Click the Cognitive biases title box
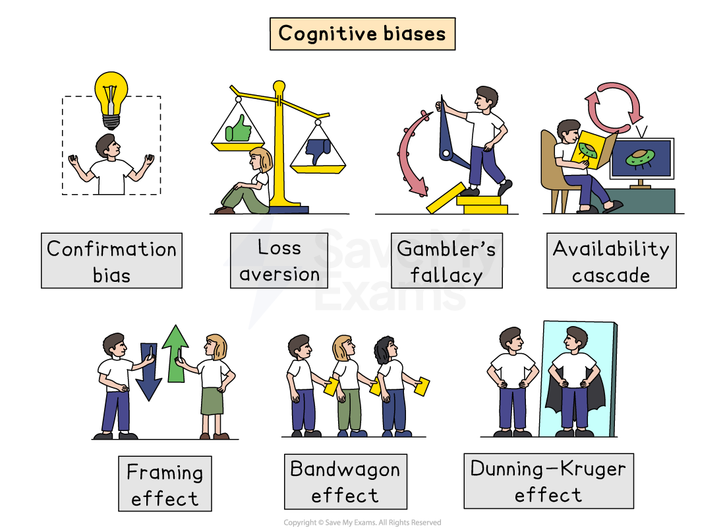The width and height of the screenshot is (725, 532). [x=362, y=34]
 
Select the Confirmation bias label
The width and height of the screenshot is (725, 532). [x=111, y=261]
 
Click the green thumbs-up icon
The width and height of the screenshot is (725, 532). [x=239, y=128]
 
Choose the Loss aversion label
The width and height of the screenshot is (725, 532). [x=279, y=261]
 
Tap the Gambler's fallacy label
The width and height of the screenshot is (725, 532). [x=446, y=261]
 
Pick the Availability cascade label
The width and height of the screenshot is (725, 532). [x=611, y=261]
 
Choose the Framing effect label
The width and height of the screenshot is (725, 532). [x=165, y=484]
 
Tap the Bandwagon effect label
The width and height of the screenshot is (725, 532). [x=345, y=482]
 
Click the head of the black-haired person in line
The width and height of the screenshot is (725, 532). [x=386, y=349]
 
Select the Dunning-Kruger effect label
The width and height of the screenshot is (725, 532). [x=548, y=481]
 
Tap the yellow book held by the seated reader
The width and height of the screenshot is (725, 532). [x=588, y=148]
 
